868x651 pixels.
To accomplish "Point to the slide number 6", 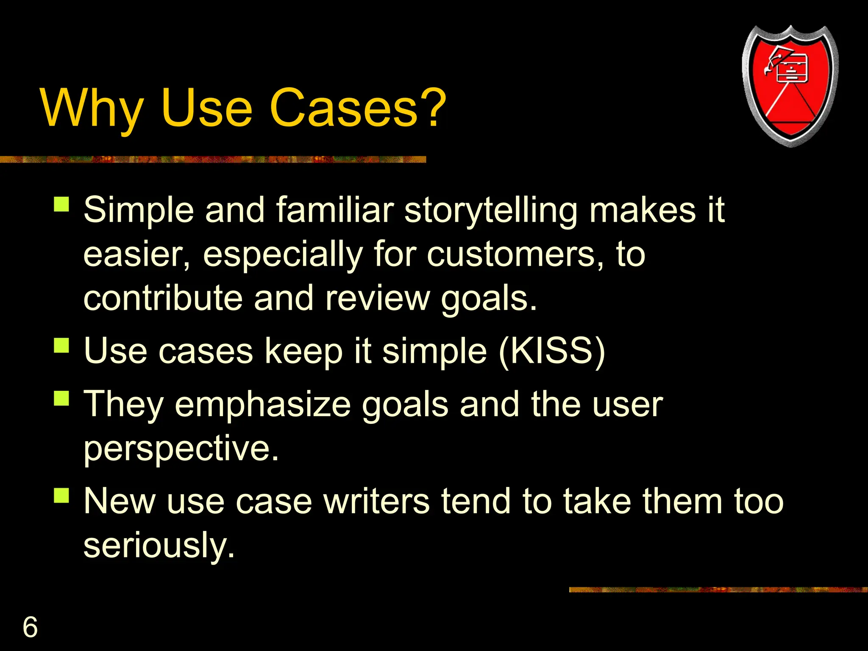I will click(30, 627).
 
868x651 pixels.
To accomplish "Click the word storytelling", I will click(490, 211).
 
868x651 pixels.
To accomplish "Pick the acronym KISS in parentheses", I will click(552, 351).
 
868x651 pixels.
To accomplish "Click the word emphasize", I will click(263, 404).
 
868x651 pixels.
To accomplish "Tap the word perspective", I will click(181, 448).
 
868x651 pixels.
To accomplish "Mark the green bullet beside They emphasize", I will click(61, 398).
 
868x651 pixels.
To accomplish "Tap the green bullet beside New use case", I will click(61, 495).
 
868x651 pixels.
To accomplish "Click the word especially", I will click(283, 255).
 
